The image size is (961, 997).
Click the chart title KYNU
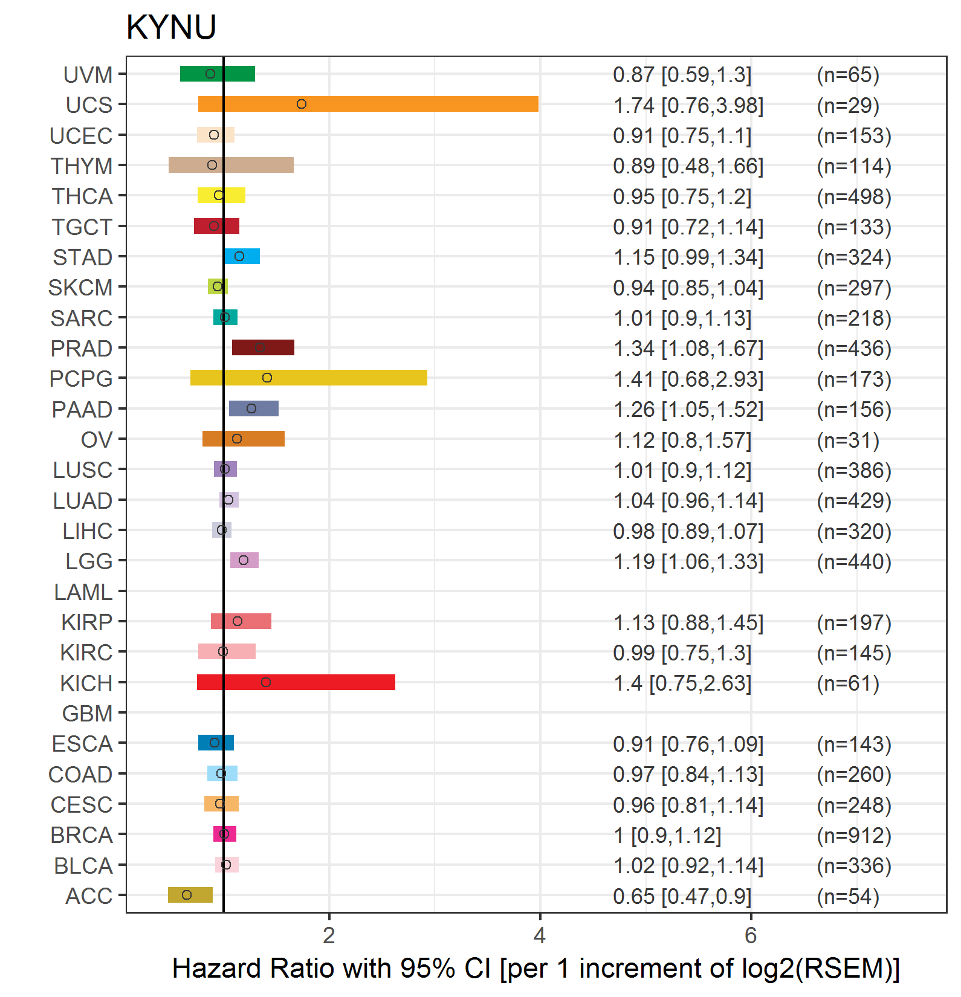171,27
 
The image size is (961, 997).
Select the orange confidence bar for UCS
368,104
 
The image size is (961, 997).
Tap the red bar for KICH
296,682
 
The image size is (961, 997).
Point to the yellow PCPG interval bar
309,378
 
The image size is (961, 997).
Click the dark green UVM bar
218,74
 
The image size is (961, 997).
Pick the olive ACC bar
190,895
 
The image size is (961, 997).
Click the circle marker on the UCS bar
302,104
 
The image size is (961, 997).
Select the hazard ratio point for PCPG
267,378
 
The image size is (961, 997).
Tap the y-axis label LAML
83,592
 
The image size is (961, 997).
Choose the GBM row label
88,714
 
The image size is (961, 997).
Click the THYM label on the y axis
82,166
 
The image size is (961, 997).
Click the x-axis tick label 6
751,935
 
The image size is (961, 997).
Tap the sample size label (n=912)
854,836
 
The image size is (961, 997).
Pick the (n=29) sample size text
848,106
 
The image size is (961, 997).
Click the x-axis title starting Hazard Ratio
536,969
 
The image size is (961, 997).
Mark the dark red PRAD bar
263,347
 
